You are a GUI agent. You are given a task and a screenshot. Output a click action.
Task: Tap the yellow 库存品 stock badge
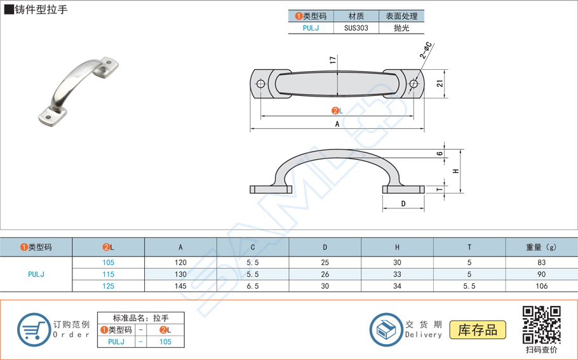coord(478,330)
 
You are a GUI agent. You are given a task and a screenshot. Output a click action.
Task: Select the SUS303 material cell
coord(356,28)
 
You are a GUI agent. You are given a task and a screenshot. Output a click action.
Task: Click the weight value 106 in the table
coord(541,286)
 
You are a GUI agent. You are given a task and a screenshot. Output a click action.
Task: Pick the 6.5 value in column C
coord(253,286)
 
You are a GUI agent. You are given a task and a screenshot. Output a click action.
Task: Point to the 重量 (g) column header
coord(541,247)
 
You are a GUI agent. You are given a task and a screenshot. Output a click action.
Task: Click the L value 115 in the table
coord(109,275)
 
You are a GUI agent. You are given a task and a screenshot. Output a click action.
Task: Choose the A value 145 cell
coord(180,286)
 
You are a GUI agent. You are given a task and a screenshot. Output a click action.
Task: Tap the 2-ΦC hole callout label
coord(426,51)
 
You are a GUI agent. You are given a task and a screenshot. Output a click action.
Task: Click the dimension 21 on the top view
coord(440,83)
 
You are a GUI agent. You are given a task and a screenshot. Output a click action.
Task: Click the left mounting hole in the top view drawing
coord(260,84)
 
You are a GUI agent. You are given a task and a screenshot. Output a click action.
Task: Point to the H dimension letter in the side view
coord(455,171)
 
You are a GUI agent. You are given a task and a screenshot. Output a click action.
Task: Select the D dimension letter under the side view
coord(403,204)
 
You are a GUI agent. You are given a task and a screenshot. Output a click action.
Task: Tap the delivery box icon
coord(386,330)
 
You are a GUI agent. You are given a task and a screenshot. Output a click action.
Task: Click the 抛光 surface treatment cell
coord(401,28)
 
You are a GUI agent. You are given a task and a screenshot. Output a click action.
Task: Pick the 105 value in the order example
coord(165,342)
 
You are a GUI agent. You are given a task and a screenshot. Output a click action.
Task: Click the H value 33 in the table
coord(397,275)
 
